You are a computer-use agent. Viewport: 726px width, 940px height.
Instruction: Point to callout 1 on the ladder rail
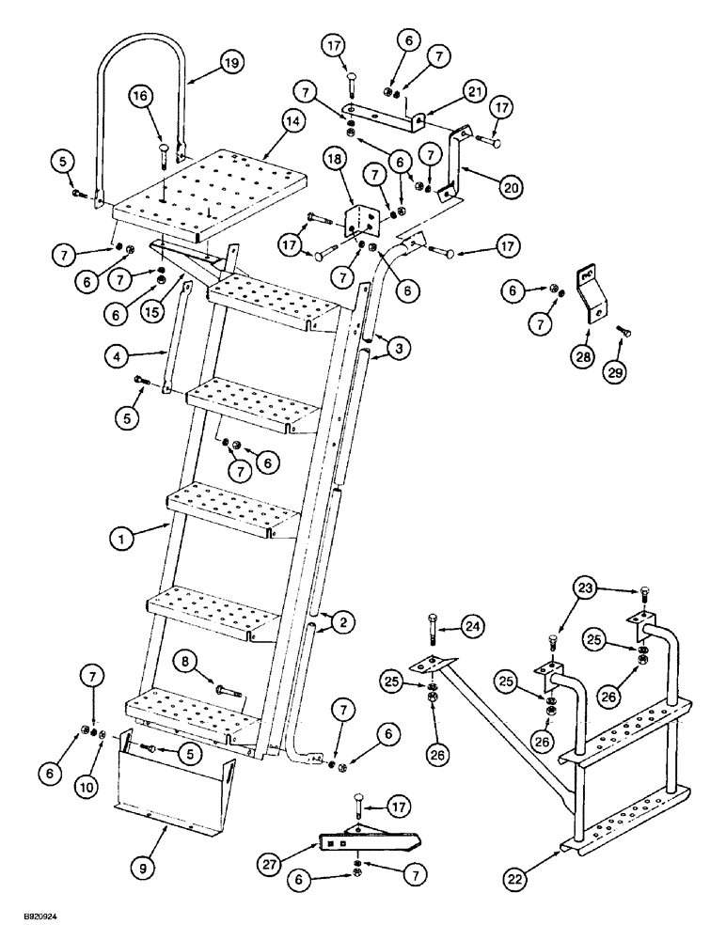(x=119, y=540)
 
